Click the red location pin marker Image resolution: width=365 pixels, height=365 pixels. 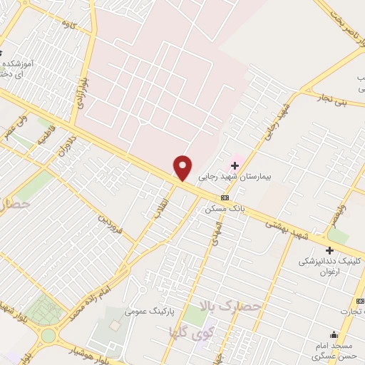tap(183, 168)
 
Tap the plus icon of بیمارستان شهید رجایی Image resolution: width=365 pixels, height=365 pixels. tap(235, 166)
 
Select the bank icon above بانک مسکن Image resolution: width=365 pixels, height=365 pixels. tap(225, 197)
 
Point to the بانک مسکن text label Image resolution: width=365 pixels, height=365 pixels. tap(225, 209)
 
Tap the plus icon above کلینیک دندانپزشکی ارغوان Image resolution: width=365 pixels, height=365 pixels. tap(329, 250)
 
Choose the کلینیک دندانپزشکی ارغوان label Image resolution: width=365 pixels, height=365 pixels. tap(331, 267)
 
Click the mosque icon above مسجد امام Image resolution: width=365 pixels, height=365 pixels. tap(333, 335)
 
